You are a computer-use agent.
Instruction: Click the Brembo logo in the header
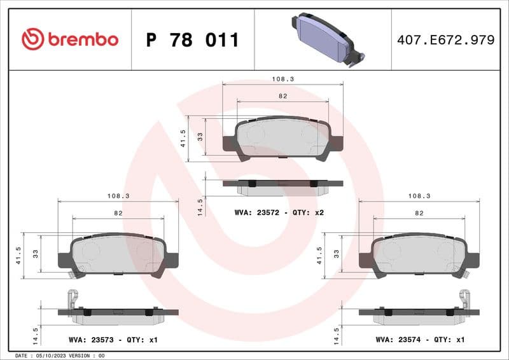pyautogui.click(x=69, y=39)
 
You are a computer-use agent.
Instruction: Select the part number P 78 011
pyautogui.click(x=192, y=40)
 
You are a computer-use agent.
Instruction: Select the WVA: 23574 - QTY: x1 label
pyautogui.click(x=420, y=340)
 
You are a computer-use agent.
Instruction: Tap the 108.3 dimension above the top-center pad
pyautogui.click(x=282, y=80)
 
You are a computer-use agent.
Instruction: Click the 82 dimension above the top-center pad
pyautogui.click(x=282, y=96)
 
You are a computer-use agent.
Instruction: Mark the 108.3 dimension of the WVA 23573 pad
pyautogui.click(x=118, y=197)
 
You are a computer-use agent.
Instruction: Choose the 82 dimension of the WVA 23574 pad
pyautogui.click(x=419, y=214)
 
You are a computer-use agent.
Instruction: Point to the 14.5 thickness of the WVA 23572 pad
pyautogui.click(x=200, y=207)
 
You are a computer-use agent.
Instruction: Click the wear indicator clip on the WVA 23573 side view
pyautogui.click(x=72, y=299)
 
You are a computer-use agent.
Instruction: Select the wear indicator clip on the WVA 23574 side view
pyautogui.click(x=465, y=299)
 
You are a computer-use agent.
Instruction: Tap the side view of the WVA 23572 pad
pyautogui.click(x=282, y=186)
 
